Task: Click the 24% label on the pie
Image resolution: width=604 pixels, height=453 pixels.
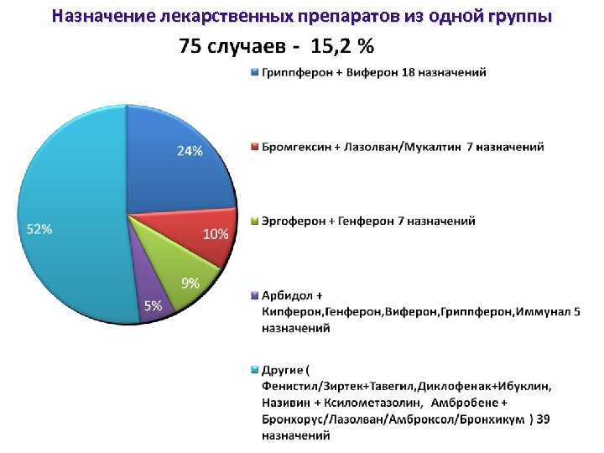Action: pos(190,152)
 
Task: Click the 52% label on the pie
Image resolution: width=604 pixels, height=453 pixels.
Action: pos(39,230)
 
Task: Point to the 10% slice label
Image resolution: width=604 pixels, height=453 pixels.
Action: pos(216,235)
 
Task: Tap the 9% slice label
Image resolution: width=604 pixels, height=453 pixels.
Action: pos(190,284)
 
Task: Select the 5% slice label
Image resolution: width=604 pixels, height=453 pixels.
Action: pos(153,307)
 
